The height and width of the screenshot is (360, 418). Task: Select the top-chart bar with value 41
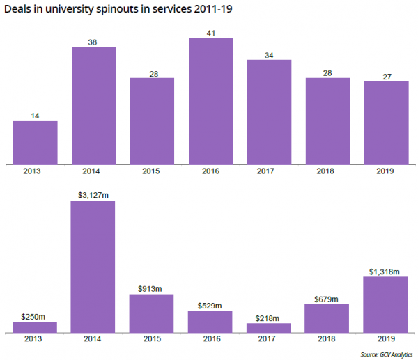[211, 100]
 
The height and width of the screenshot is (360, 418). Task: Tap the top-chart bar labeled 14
[35, 142]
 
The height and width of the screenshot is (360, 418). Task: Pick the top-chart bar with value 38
[93, 105]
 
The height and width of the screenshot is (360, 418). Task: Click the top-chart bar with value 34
[269, 111]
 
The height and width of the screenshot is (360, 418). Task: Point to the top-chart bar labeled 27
[386, 122]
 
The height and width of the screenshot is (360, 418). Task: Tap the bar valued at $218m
[269, 327]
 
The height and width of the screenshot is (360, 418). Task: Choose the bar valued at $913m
[152, 313]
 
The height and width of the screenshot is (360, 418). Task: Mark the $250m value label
[35, 316]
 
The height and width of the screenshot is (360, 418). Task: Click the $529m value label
[210, 305]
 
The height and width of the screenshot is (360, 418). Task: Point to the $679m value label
[327, 299]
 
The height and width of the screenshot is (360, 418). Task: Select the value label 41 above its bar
[211, 32]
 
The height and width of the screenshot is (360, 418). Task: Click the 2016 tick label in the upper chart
[210, 171]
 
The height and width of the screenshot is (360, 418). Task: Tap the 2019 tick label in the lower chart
[386, 338]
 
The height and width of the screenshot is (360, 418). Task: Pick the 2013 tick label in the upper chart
[35, 171]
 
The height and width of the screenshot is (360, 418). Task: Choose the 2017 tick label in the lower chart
[269, 338]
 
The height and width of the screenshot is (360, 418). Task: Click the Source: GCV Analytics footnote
[386, 354]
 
